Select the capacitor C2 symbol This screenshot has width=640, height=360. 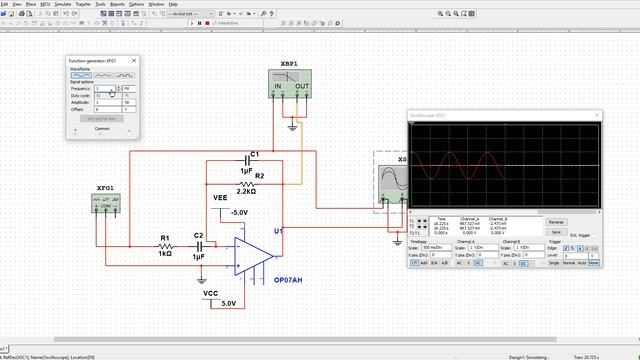(x=198, y=247)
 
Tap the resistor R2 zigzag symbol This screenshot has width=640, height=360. (x=246, y=184)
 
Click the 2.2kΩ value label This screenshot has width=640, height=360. (x=246, y=192)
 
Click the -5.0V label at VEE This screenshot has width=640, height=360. (x=239, y=213)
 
